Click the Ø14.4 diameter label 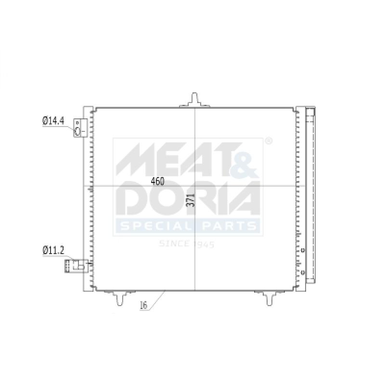[53, 121]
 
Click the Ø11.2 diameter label [53, 250]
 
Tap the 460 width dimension [157, 181]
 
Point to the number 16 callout [143, 305]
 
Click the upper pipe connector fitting [80, 128]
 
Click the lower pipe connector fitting [77, 266]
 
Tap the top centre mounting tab [194, 100]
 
